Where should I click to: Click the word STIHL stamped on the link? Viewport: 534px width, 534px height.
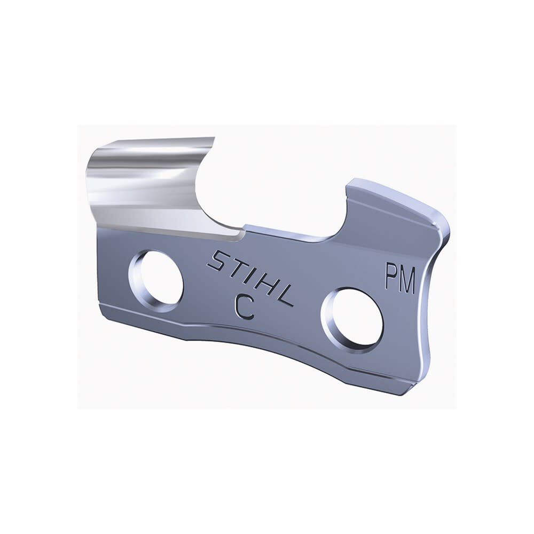pos(250,278)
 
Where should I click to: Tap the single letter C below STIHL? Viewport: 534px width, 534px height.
pos(244,308)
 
